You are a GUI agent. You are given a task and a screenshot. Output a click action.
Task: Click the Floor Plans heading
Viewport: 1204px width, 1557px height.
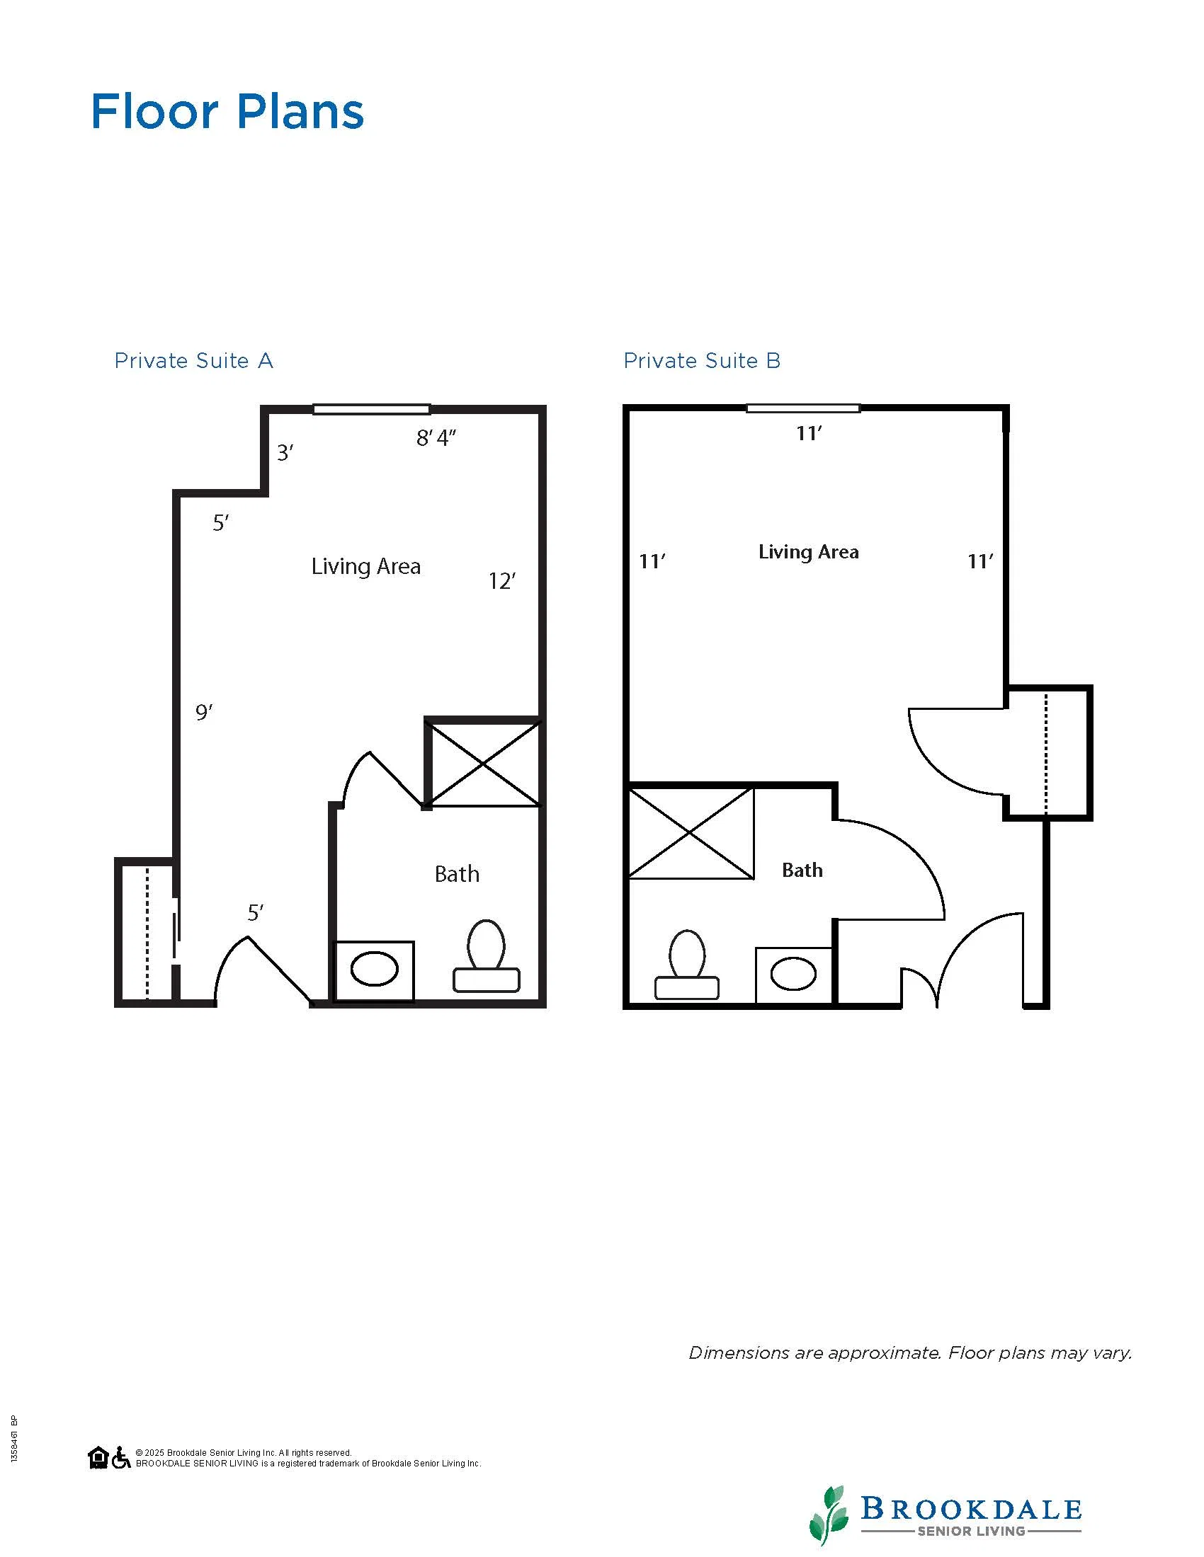[x=227, y=112]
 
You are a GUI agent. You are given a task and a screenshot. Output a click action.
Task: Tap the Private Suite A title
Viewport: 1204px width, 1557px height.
[x=194, y=361]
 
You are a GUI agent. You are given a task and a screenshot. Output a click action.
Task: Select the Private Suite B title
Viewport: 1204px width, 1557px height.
[x=702, y=361]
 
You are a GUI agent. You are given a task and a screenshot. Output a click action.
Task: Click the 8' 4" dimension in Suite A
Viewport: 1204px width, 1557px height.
[x=436, y=437]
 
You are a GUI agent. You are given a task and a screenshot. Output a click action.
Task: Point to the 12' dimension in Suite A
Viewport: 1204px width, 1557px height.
[x=502, y=581]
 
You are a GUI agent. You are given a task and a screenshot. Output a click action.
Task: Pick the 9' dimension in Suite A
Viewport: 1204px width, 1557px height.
[x=204, y=711]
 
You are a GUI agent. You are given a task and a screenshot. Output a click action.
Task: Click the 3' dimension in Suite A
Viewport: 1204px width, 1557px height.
[x=285, y=452]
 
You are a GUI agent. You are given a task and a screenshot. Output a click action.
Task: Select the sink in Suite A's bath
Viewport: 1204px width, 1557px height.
[x=374, y=971]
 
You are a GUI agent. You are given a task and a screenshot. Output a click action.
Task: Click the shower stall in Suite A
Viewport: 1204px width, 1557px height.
[x=483, y=763]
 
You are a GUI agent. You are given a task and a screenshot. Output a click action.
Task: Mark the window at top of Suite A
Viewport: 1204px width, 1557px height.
[x=372, y=409]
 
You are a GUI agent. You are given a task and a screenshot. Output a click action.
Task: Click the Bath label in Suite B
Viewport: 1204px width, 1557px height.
[x=802, y=870]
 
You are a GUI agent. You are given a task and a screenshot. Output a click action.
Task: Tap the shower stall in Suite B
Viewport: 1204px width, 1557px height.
[x=691, y=833]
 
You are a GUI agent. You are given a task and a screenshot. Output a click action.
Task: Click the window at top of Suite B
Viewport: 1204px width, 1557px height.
[x=803, y=408]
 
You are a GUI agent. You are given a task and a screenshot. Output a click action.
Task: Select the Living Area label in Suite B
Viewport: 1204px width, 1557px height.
[x=808, y=552]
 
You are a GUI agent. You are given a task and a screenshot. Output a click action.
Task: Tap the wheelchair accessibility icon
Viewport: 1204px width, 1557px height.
[x=121, y=1457]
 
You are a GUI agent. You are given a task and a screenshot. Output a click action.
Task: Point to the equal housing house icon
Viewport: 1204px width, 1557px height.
[x=98, y=1457]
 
